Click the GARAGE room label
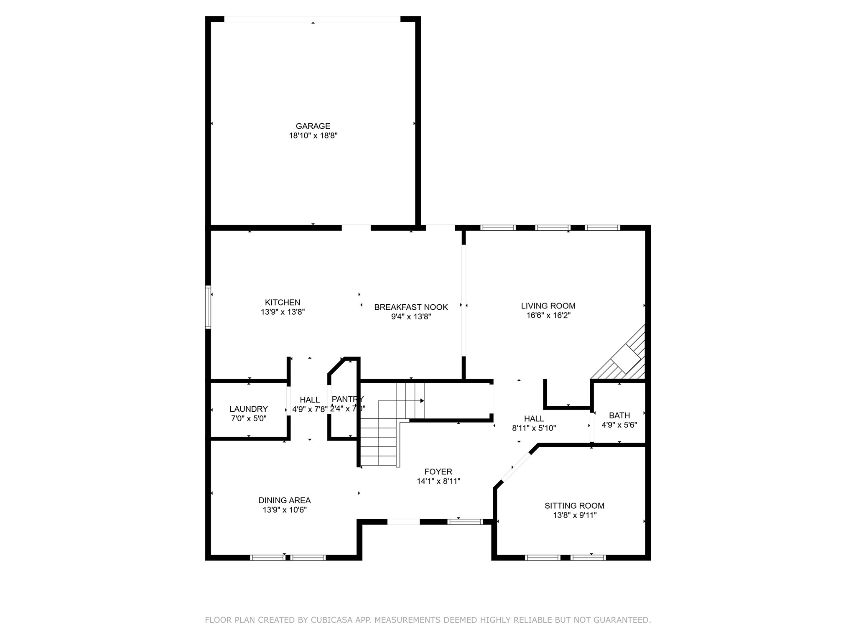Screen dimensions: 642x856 pos(313,126)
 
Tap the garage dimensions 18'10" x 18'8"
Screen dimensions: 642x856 pos(313,135)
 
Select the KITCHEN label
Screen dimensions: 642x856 pos(283,302)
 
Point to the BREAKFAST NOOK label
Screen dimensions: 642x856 pos(411,307)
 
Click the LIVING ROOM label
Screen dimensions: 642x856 pos(548,306)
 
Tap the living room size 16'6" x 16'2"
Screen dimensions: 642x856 pos(548,316)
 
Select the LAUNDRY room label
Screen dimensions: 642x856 pos(249,409)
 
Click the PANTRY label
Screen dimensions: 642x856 pos(347,399)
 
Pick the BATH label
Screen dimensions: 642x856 pos(619,415)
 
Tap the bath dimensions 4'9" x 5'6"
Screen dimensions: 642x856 pos(619,425)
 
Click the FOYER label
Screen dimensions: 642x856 pos(438,472)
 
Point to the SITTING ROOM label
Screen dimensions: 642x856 pos(574,506)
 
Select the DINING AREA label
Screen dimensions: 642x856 pos(284,500)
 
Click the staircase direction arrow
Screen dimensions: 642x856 pos(421,400)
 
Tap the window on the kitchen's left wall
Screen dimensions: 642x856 pos(208,307)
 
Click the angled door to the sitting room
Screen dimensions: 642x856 pos(516,468)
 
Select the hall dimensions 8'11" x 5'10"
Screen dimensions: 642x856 pos(534,428)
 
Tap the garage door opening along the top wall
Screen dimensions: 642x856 pos(312,19)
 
